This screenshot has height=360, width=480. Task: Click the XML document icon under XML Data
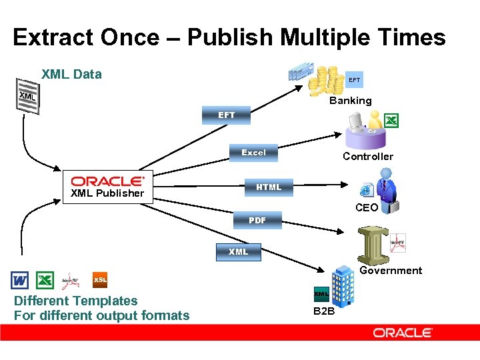point(27,96)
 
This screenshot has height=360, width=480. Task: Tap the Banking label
point(350,101)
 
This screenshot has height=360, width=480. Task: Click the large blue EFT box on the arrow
point(227,115)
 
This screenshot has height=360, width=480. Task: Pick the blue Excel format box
point(253,153)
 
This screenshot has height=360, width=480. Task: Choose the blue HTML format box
point(269,187)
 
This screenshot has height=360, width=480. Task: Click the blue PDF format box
point(257,220)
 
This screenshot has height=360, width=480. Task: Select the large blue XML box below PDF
point(238,251)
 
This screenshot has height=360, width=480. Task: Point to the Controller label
point(367,157)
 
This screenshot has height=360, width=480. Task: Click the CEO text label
point(367,208)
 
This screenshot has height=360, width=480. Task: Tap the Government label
point(391,271)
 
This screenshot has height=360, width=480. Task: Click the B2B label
point(324,311)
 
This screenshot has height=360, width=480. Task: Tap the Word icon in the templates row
point(19,281)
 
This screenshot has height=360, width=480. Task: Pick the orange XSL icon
point(100,281)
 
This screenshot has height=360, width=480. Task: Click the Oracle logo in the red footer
point(403,333)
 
